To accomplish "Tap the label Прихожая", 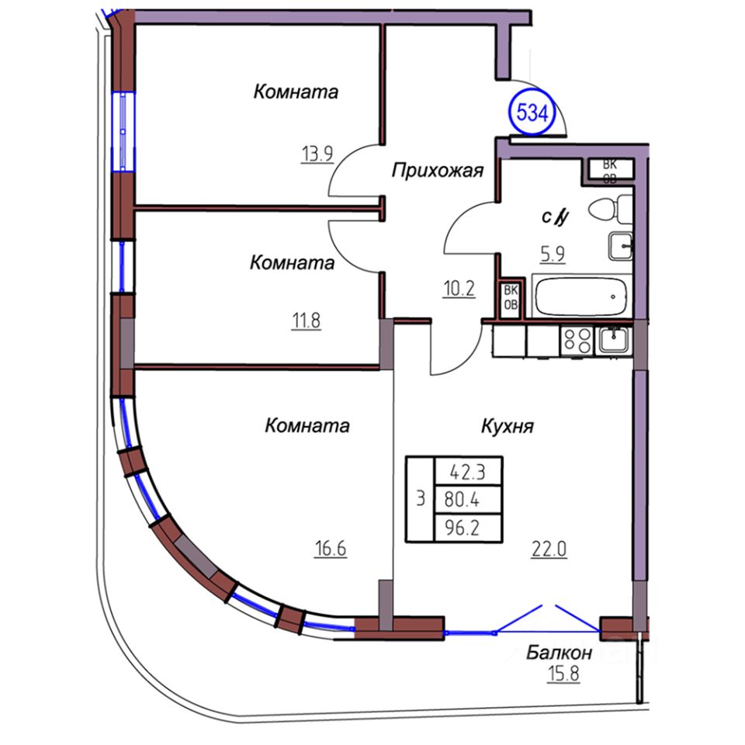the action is (438, 170).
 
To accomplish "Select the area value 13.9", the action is (317, 154).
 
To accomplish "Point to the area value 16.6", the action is (329, 550).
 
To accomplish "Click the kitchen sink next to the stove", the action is (615, 340).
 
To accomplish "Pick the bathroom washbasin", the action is (621, 247).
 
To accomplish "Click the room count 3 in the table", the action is (420, 499).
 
